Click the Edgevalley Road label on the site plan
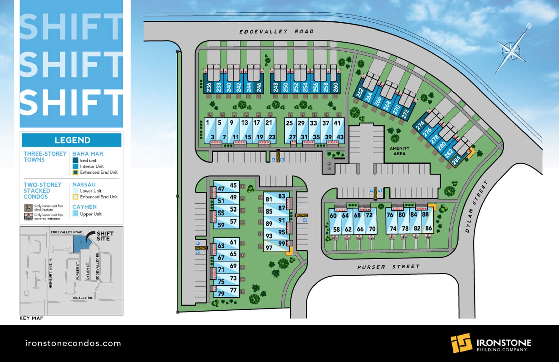point(277,32)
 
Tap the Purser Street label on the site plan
point(388,267)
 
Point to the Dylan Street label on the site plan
point(476,207)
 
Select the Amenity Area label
point(399,151)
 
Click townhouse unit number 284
point(456,160)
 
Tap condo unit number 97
point(269,248)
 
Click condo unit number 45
point(233,185)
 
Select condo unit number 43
point(340,137)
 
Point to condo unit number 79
point(221,294)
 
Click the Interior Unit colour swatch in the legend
point(75,166)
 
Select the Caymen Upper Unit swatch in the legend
point(75,214)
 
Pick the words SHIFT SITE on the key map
point(105,236)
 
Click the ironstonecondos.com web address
point(73,343)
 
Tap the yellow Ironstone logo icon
point(461,343)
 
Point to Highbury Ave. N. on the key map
point(51,273)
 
